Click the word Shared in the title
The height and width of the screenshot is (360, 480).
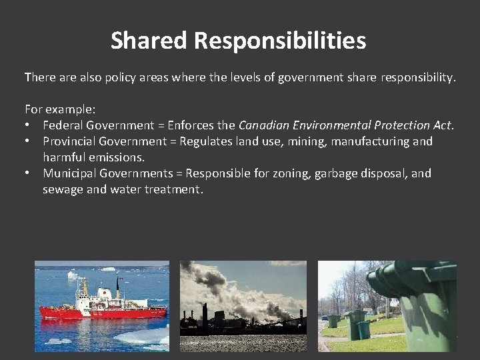(149, 41)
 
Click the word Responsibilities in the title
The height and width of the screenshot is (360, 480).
(280, 41)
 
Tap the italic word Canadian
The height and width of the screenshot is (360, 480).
(263, 125)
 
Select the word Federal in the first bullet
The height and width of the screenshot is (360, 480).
(63, 125)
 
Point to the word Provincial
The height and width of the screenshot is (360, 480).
(71, 141)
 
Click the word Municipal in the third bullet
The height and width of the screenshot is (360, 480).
(69, 173)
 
